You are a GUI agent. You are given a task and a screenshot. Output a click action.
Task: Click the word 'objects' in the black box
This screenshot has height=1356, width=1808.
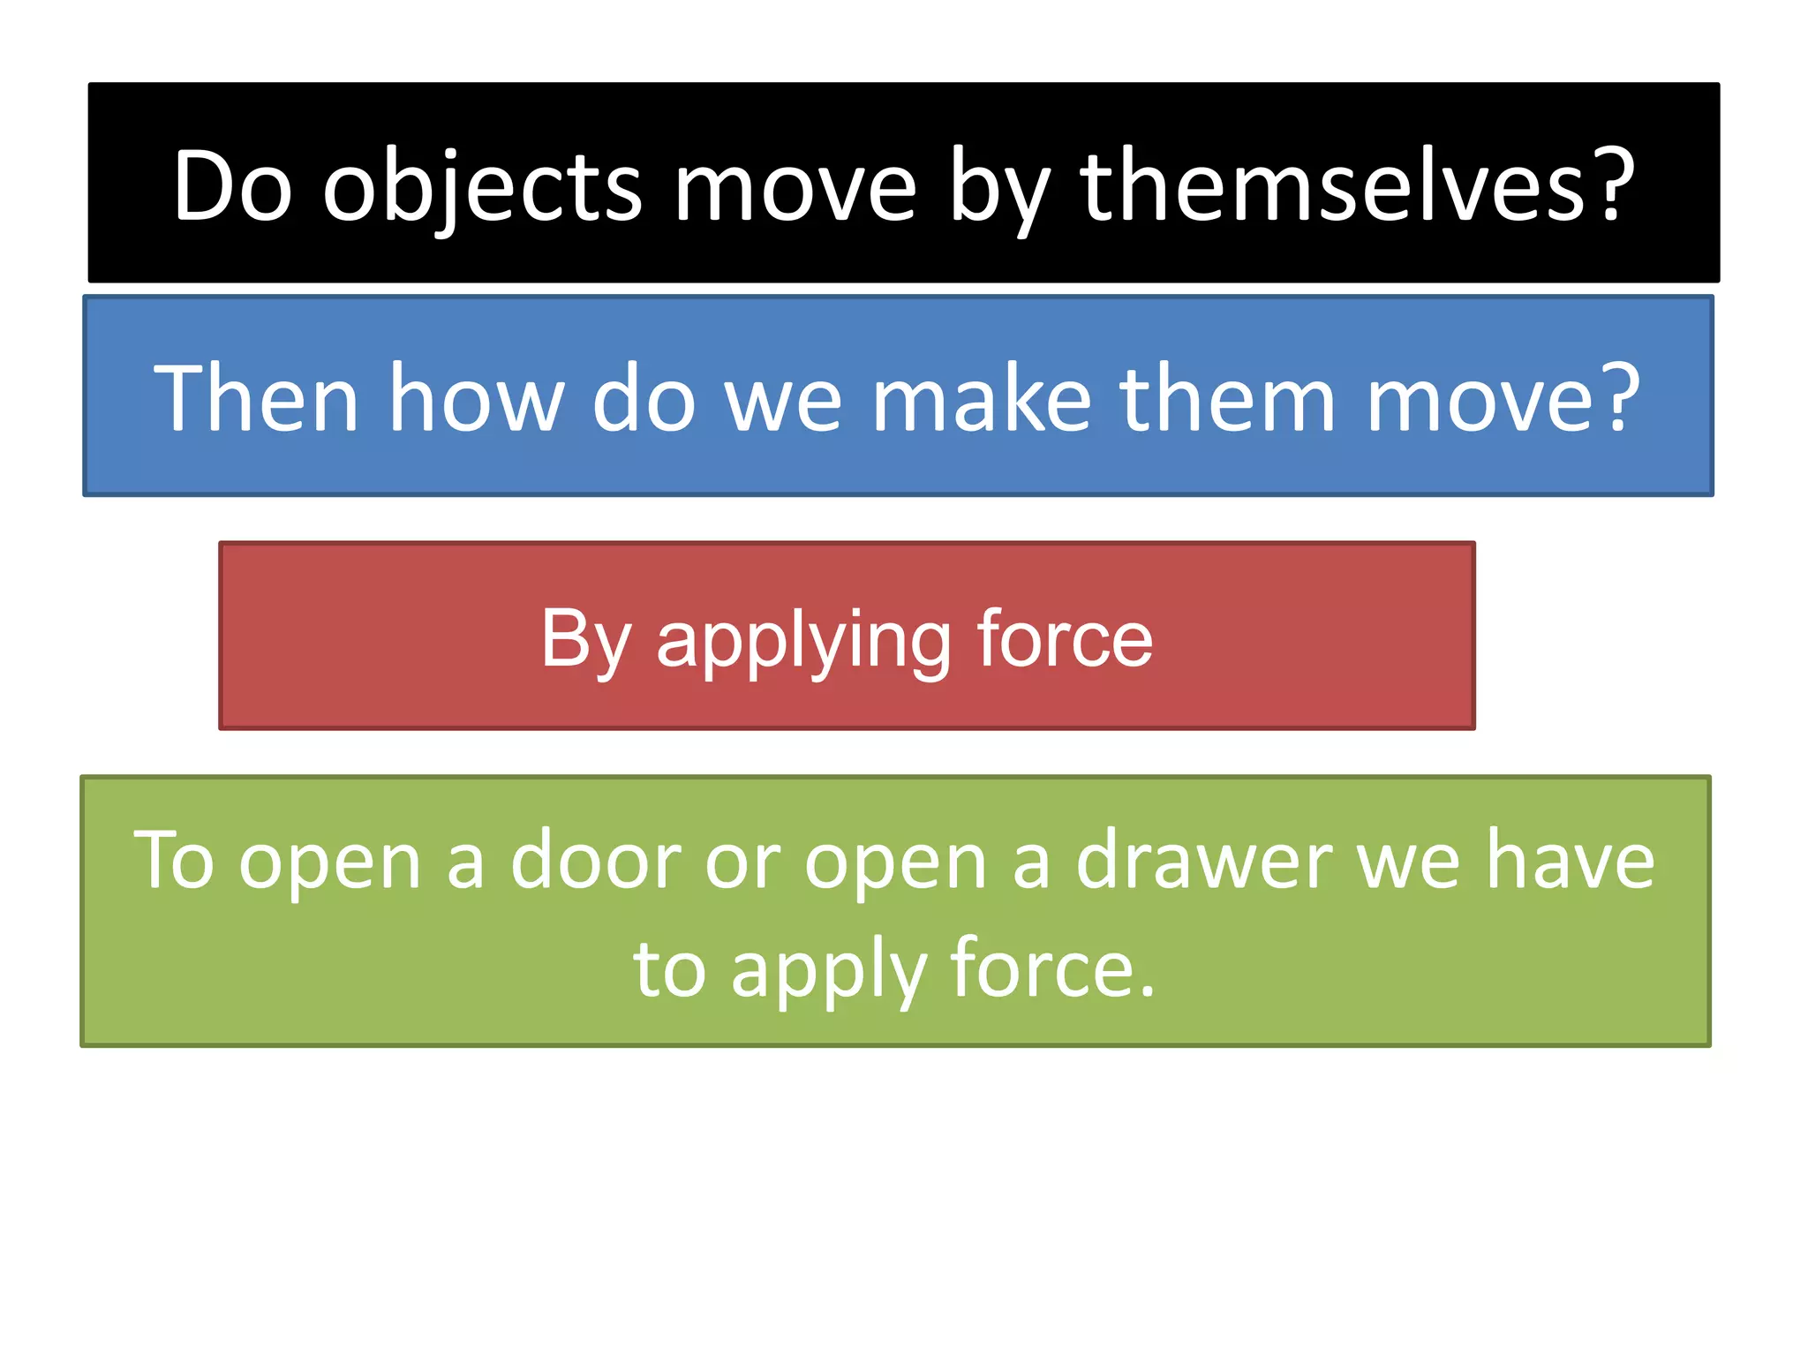(x=482, y=187)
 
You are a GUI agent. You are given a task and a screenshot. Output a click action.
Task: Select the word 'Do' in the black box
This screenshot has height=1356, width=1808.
(x=231, y=187)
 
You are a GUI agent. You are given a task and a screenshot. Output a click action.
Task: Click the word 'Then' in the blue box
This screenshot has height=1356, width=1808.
(x=256, y=399)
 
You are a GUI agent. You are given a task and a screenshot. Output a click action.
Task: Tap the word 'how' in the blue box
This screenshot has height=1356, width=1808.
(x=477, y=399)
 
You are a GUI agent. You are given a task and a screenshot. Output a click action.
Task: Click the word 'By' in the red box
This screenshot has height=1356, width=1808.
(x=585, y=640)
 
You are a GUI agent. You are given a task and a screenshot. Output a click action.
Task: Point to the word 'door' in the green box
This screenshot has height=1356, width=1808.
(x=596, y=862)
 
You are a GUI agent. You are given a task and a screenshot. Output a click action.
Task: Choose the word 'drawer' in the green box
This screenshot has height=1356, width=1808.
(x=1205, y=862)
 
